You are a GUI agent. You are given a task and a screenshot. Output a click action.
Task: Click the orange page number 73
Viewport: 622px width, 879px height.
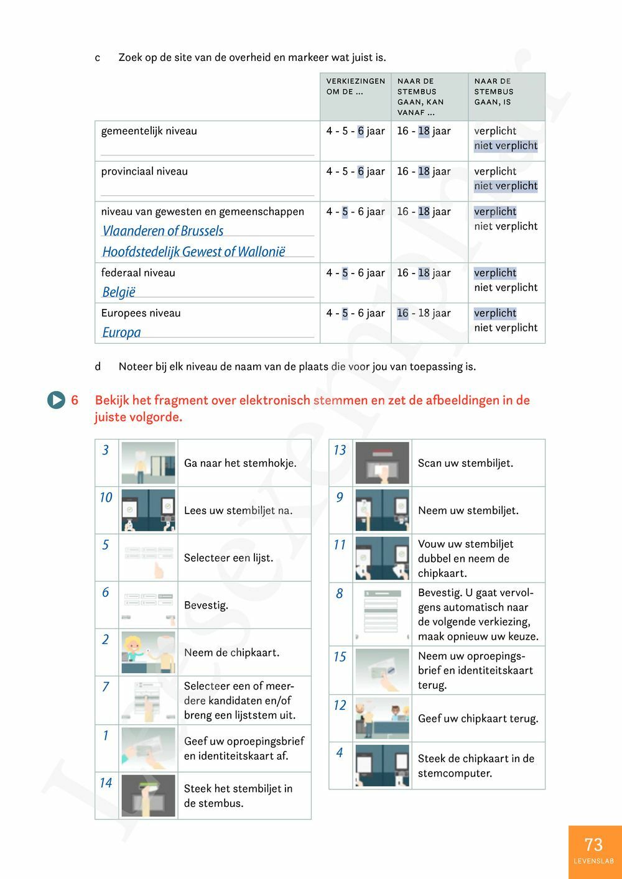tap(593, 845)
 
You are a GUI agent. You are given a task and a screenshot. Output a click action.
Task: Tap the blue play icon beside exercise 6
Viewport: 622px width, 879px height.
tap(56, 400)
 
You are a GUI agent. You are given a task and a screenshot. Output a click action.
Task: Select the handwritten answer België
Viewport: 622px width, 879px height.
tap(119, 292)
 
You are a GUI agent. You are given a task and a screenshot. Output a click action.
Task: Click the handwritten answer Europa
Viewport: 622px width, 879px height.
tap(121, 333)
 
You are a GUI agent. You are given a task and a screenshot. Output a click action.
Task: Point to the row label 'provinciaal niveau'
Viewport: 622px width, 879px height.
tap(144, 172)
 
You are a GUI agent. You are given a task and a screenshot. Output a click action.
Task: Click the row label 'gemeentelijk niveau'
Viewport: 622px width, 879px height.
tap(149, 131)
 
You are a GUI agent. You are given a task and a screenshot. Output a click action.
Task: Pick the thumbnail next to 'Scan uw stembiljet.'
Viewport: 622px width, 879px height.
tap(382, 463)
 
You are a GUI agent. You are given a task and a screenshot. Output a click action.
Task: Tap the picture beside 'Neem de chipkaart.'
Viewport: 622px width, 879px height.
tap(148, 653)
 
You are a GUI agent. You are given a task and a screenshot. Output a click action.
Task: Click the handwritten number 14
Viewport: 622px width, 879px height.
tap(106, 783)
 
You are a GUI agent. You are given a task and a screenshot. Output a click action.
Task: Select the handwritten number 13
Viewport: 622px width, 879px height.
tap(340, 450)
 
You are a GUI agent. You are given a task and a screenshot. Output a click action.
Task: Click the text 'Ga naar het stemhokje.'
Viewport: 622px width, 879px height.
tap(240, 463)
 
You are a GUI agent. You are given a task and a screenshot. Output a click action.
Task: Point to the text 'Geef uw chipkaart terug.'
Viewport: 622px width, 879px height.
tap(478, 719)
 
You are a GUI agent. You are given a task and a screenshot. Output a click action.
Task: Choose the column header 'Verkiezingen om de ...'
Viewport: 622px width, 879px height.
tap(355, 86)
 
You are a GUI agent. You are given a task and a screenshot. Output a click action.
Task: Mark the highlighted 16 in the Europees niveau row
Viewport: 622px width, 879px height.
tap(402, 313)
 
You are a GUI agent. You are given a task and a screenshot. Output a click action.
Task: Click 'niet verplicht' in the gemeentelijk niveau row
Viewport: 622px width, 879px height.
tap(506, 146)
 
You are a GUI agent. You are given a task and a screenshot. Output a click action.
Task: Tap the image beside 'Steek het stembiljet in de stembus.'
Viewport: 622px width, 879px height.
tap(148, 795)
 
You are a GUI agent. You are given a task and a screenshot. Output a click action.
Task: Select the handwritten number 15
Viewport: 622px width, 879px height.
tap(340, 656)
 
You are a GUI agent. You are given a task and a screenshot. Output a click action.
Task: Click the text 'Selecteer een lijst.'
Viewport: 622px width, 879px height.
tap(228, 558)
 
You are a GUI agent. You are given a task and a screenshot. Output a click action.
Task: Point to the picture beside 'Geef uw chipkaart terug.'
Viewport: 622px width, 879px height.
tap(382, 718)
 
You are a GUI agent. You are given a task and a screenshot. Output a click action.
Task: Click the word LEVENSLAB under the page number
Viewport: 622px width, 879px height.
tap(593, 861)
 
